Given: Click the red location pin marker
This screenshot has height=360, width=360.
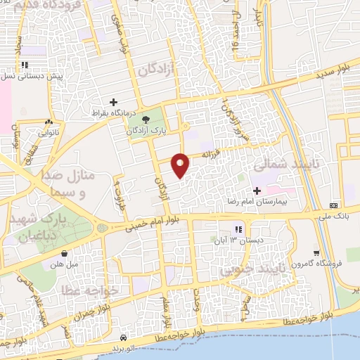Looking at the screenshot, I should click(181, 165).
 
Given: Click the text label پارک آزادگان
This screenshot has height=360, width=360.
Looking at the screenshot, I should click(147, 131).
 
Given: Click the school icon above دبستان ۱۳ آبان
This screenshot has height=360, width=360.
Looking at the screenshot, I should click(237, 229).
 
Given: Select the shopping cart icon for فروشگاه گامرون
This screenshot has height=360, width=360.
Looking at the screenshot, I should click(317, 254).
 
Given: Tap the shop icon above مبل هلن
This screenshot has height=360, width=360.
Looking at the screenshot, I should click(65, 255).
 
